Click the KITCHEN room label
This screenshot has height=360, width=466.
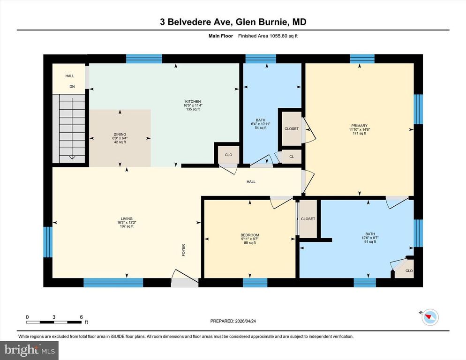[x=193, y=102]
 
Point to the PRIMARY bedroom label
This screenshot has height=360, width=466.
[x=359, y=126]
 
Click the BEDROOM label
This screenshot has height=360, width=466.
[x=249, y=235]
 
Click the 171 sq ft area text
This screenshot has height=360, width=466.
[x=359, y=134]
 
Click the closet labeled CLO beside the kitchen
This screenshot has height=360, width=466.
[x=228, y=155]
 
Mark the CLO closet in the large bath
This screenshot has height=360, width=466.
[x=409, y=271]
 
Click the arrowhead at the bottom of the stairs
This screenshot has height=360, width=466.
[x=72, y=157]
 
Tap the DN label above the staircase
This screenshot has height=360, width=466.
[x=72, y=87]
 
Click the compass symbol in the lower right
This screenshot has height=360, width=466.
[x=429, y=317]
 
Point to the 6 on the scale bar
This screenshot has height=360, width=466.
[x=82, y=317]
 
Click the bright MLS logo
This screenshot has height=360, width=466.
[x=30, y=349]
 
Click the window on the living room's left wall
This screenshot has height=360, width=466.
[x=47, y=242]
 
